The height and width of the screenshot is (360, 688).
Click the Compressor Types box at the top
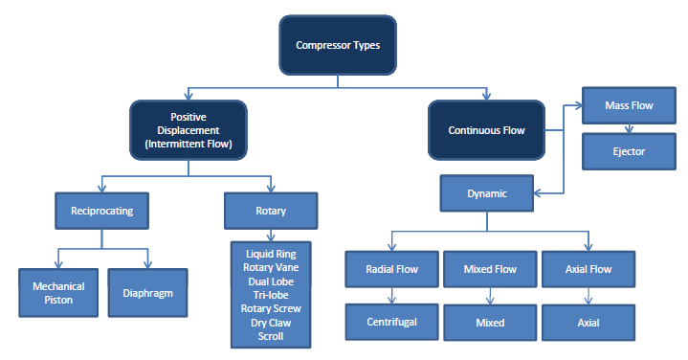(x=337, y=45)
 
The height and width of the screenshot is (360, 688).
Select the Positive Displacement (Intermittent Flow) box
(x=189, y=129)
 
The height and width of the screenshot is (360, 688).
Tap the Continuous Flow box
(x=486, y=129)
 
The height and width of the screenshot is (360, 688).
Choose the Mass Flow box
(x=629, y=105)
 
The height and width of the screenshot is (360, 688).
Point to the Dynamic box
(x=486, y=192)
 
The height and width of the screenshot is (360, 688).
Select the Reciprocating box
(x=101, y=210)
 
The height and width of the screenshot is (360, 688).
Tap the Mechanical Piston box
(x=58, y=293)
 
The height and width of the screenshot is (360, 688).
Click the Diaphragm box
(x=147, y=293)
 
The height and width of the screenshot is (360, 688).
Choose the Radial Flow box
(x=391, y=269)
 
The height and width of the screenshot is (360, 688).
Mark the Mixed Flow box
(x=489, y=269)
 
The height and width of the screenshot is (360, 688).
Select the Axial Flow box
(x=588, y=269)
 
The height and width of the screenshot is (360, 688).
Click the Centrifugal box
(x=391, y=323)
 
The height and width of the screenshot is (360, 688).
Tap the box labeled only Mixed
(x=489, y=323)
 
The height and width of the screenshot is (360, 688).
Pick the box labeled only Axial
(x=588, y=323)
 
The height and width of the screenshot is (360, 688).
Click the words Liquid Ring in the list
(x=272, y=254)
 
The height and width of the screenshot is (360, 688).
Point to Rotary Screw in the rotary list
(x=272, y=308)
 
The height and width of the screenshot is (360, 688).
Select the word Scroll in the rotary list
(x=272, y=335)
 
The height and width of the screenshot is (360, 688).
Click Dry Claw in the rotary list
(x=272, y=322)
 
